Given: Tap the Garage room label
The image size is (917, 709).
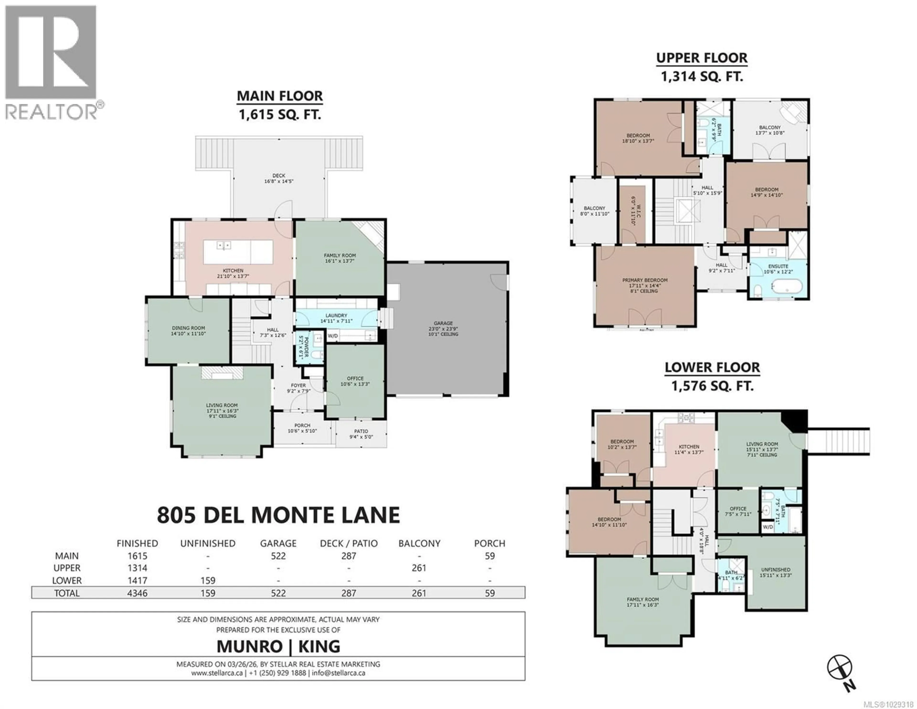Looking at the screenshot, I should pos(443,329).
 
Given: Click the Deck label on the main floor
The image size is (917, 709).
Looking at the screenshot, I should pos(278,178).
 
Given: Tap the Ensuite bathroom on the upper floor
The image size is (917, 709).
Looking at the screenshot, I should pos(778,269).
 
